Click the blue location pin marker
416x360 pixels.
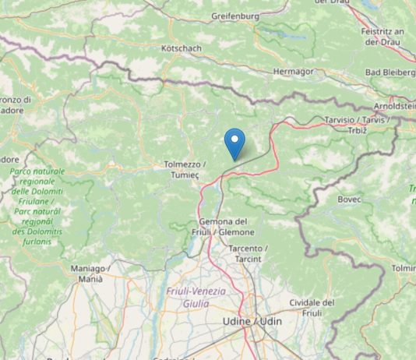click(x=234, y=143)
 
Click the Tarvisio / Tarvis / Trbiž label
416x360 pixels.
click(x=355, y=124)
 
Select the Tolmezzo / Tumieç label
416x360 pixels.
click(x=185, y=170)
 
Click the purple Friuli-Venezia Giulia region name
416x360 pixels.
click(x=196, y=297)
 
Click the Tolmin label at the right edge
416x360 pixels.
click(x=404, y=268)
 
